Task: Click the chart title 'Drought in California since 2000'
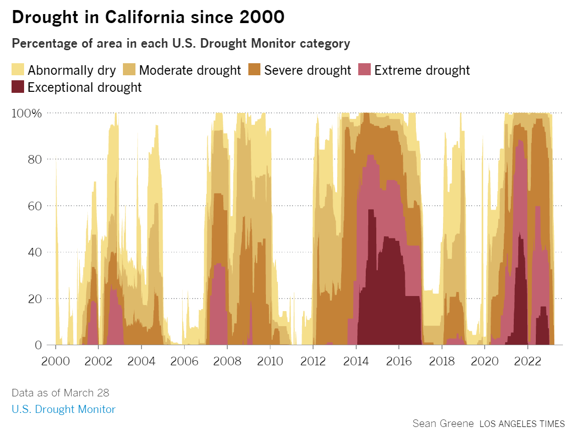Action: pyautogui.click(x=148, y=17)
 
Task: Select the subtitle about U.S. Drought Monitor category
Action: pyautogui.click(x=181, y=43)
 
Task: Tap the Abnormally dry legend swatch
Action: pyautogui.click(x=18, y=70)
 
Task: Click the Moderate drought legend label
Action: pyautogui.click(x=190, y=70)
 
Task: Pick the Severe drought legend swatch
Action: pyautogui.click(x=254, y=70)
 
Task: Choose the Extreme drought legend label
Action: pyautogui.click(x=421, y=70)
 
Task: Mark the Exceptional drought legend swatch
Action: pyautogui.click(x=18, y=87)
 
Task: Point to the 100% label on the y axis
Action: pyautogui.click(x=27, y=113)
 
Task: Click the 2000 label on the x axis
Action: pyautogui.click(x=55, y=361)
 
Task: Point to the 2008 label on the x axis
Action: pyautogui.click(x=227, y=361)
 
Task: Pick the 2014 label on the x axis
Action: pyautogui.click(x=356, y=361)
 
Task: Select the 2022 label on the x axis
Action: pyautogui.click(x=527, y=361)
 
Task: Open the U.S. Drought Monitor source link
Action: pyautogui.click(x=63, y=409)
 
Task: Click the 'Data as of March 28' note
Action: pyautogui.click(x=60, y=392)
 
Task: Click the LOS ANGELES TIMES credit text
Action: pyautogui.click(x=522, y=423)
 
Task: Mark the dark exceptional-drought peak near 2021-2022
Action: pyautogui.click(x=520, y=281)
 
